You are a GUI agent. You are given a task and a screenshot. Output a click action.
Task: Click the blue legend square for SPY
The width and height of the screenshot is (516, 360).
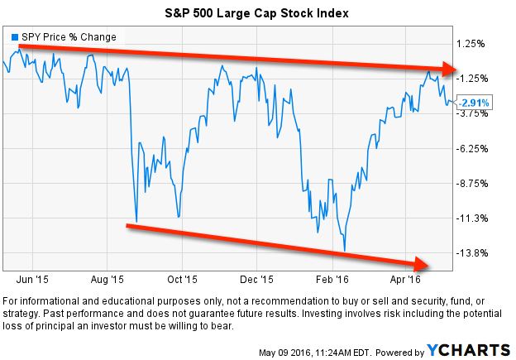point(15,37)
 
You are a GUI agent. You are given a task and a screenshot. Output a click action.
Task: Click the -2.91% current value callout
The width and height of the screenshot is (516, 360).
point(475,102)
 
